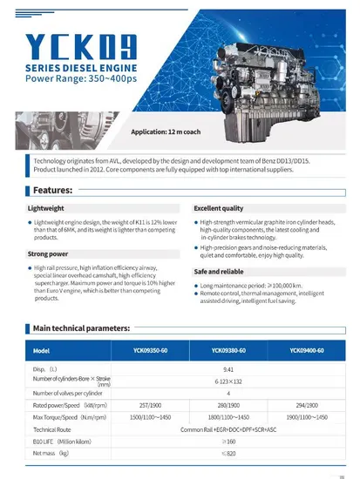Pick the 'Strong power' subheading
(49, 253)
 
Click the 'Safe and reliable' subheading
(218, 272)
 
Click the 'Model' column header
(41, 350)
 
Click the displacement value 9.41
(228, 368)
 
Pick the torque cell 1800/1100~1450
(228, 417)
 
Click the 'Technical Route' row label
(52, 429)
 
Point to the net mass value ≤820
(228, 454)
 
